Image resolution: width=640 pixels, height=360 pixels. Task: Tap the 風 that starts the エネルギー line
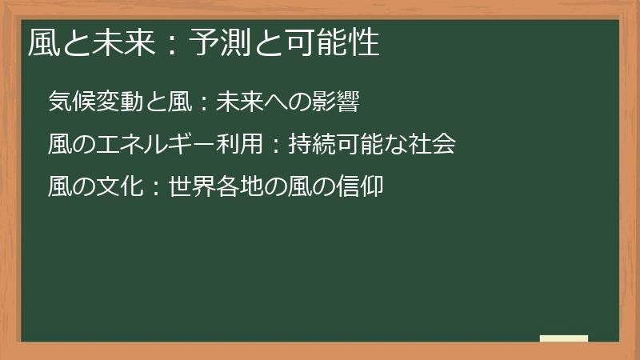(x=58, y=145)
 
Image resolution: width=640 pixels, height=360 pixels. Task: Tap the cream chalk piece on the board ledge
(x=564, y=339)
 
